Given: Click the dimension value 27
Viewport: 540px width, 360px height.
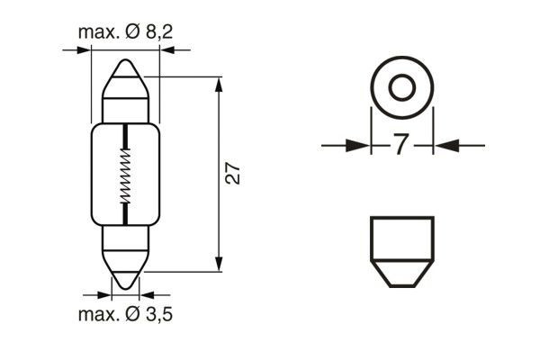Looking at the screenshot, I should click(x=233, y=173).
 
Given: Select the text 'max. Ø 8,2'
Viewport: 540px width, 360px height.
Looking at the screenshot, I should click(x=124, y=32).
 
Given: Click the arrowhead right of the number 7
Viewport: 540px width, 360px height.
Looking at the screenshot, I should click(x=445, y=144).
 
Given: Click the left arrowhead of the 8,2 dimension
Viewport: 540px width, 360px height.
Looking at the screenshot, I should click(x=83, y=50).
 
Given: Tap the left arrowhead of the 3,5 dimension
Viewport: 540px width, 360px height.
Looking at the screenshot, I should click(x=101, y=293).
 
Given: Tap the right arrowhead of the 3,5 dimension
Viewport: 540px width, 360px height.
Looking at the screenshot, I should click(x=149, y=293).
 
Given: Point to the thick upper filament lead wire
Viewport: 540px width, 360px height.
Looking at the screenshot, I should click(x=125, y=138).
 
